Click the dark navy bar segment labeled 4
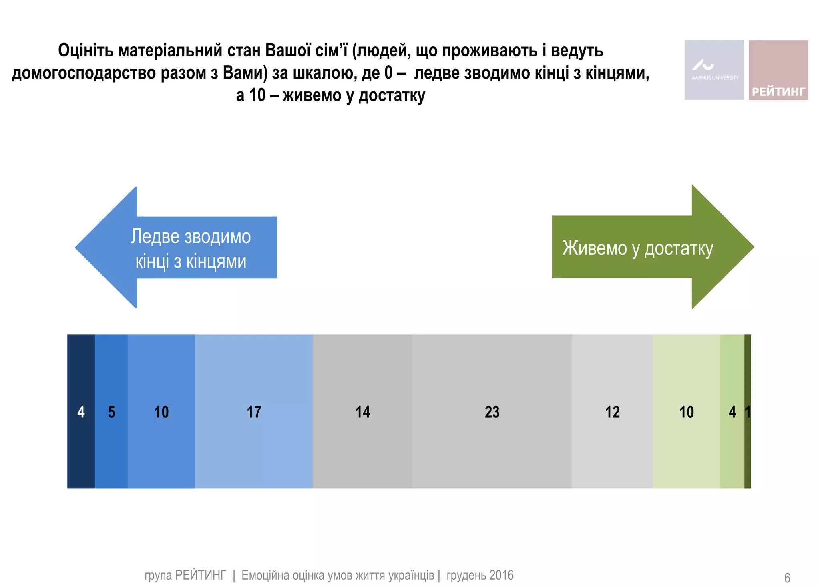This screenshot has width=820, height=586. tap(81, 411)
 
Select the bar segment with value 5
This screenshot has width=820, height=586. tap(111, 411)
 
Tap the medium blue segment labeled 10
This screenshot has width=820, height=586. tap(161, 411)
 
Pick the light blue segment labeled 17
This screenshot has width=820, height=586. tap(254, 411)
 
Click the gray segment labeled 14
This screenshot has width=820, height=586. tap(363, 411)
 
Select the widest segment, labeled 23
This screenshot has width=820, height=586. tap(492, 411)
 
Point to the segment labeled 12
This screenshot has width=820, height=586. tap(612, 411)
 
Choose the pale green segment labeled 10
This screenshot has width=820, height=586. tap(686, 411)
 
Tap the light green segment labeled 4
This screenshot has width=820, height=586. tap(732, 411)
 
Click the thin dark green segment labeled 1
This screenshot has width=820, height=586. tap(748, 411)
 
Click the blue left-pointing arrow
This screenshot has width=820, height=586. tap(176, 248)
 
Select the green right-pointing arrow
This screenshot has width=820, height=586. tap(653, 247)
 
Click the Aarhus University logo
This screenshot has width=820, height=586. tap(714, 70)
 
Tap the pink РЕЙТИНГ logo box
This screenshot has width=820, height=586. tap(778, 70)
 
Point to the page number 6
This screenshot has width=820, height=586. tap(787, 578)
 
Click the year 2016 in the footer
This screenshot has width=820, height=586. tap(501, 575)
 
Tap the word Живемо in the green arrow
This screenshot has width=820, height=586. tap(594, 248)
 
